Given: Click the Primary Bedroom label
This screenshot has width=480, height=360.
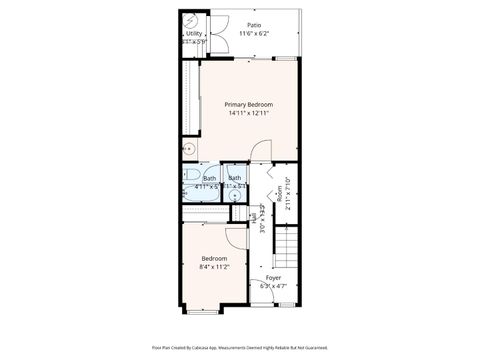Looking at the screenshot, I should tap(248, 105).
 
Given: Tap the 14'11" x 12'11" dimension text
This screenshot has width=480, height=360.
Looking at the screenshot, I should tap(248, 113).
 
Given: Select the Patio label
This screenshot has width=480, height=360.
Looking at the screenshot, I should tap(255, 24).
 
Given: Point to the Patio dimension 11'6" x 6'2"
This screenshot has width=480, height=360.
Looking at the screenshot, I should tap(255, 33).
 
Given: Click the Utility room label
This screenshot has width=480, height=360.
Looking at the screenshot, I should tap(194, 34).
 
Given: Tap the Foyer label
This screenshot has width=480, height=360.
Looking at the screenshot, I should tap(273, 278).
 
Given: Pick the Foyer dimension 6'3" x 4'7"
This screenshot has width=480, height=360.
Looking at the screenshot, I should tap(273, 287).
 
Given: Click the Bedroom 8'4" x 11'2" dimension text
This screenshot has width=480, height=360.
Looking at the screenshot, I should tap(215, 267).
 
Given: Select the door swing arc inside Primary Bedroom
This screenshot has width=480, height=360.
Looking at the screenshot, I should tap(259, 151).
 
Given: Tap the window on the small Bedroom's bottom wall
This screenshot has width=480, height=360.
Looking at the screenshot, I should tap(215, 304).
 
